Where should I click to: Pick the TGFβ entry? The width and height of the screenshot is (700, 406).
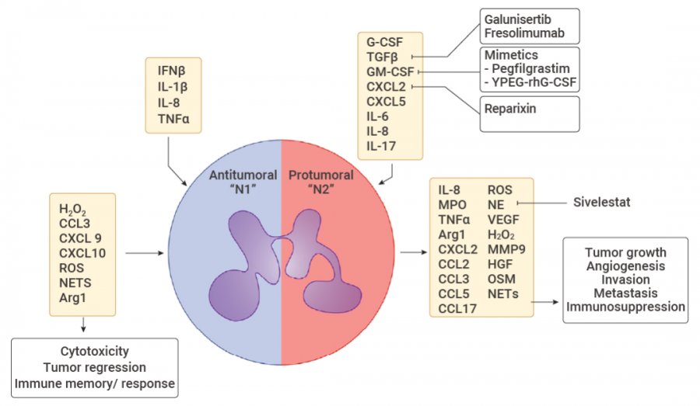click(x=382, y=56)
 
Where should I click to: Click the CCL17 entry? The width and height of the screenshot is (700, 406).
click(x=457, y=309)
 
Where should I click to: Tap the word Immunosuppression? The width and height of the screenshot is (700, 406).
click(x=626, y=307)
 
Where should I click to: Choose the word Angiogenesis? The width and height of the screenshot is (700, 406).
click(x=626, y=266)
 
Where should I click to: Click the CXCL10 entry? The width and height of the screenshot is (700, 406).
click(x=82, y=252)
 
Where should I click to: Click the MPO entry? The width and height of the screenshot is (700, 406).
click(x=451, y=204)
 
